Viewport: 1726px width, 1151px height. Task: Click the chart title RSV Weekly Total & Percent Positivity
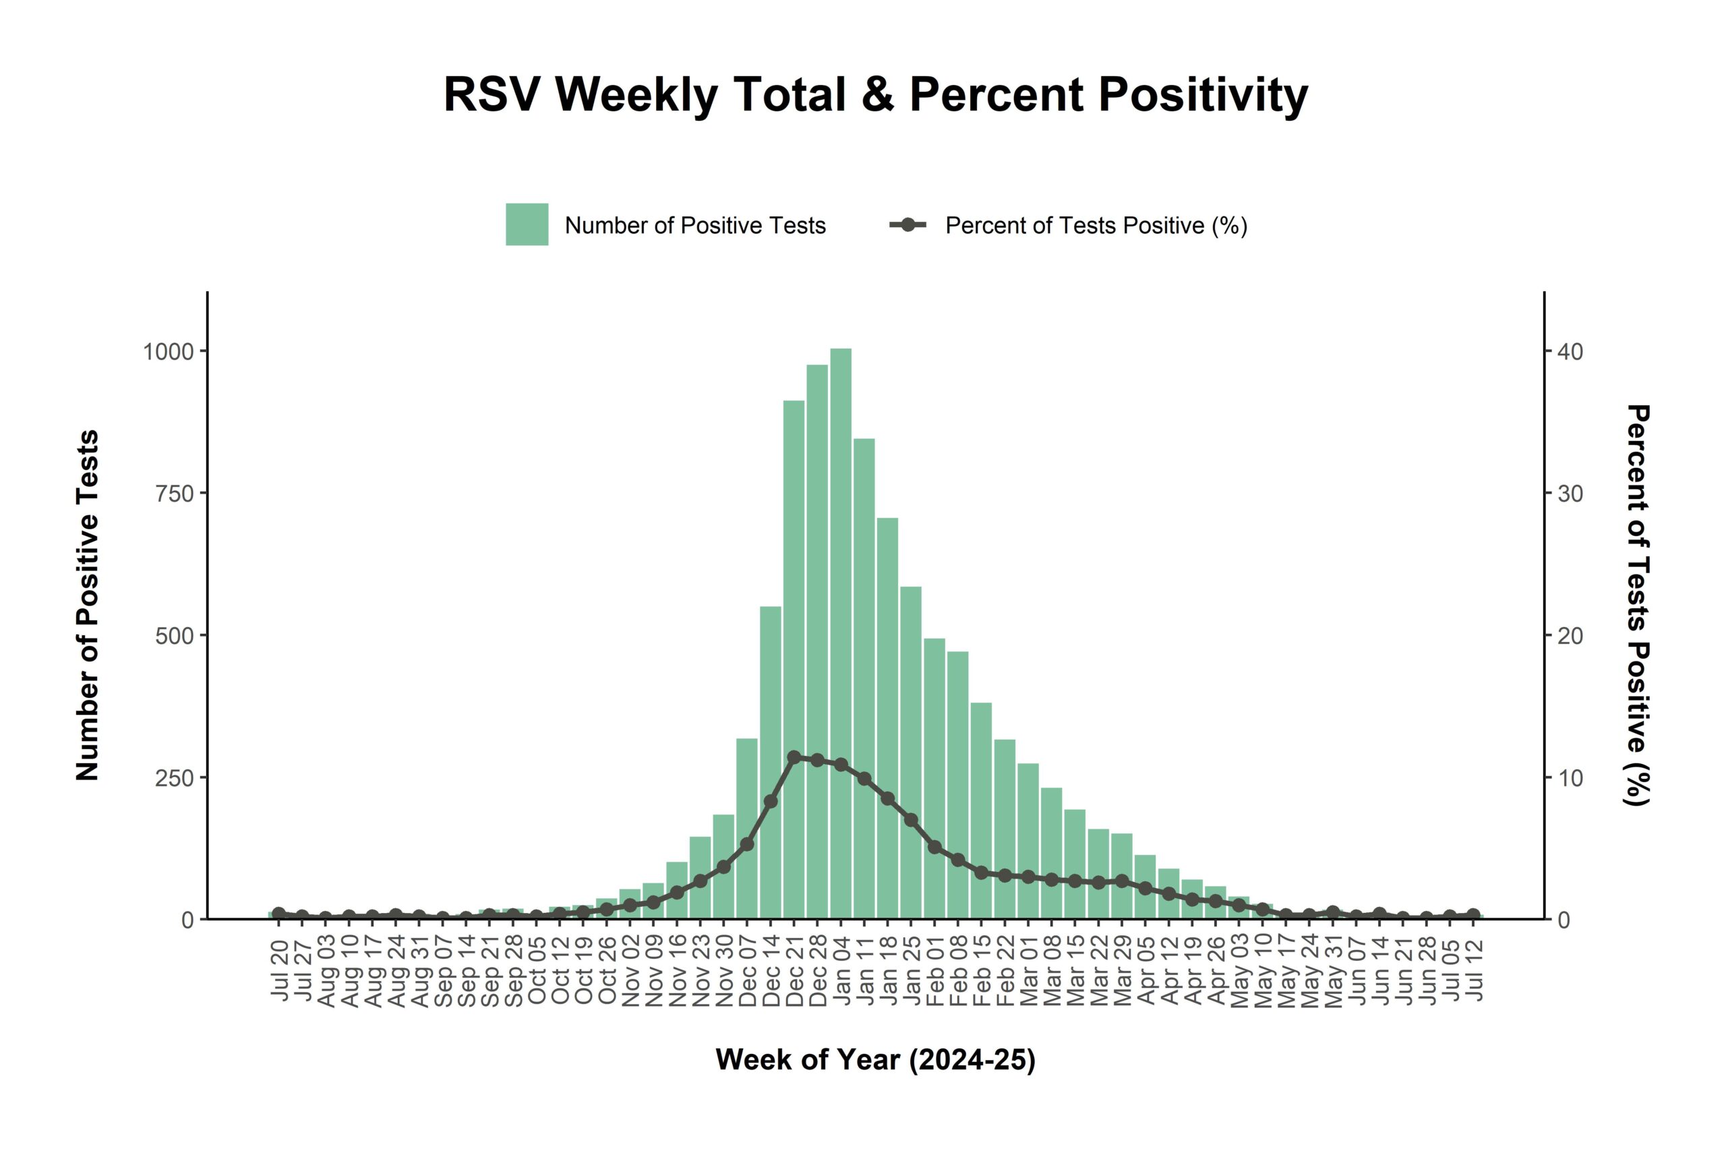pos(876,94)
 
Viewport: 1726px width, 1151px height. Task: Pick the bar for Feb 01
pos(934,778)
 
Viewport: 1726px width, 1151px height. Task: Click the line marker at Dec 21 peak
pos(794,757)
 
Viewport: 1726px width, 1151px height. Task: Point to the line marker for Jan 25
pos(911,820)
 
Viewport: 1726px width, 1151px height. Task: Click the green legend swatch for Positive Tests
pos(527,225)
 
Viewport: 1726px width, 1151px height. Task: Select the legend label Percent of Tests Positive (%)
pos(1096,225)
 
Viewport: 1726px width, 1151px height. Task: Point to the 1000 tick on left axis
pos(168,351)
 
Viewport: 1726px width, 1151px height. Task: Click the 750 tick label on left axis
pos(174,494)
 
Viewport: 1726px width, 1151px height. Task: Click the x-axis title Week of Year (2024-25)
pos(876,1060)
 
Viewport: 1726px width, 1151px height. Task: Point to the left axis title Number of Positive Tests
pos(88,605)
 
